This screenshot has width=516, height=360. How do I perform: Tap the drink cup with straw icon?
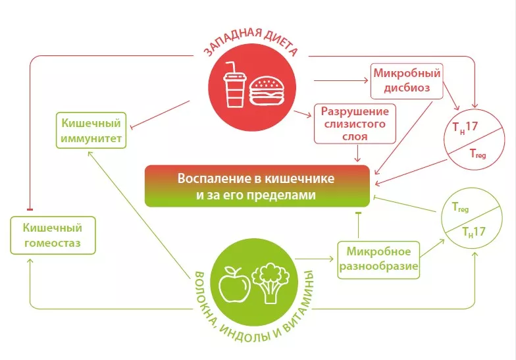click(234, 88)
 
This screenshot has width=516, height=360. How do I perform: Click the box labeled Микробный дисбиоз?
click(407, 80)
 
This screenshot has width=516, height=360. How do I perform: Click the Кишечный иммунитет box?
click(90, 132)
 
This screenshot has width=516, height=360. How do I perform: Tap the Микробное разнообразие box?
click(378, 259)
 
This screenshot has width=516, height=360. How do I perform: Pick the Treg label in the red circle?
click(478, 153)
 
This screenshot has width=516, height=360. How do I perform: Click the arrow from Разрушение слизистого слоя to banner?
click(357, 153)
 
